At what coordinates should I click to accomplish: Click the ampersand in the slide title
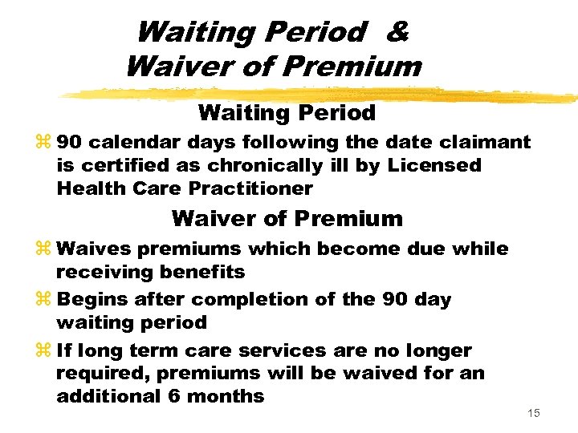point(397,32)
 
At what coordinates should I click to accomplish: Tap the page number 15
point(534,413)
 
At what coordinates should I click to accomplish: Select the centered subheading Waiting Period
point(287,113)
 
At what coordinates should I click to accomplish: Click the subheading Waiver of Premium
point(287,218)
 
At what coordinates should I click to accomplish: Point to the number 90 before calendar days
point(70,143)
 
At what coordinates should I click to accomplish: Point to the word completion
point(239,300)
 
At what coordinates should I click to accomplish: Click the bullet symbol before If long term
point(44,351)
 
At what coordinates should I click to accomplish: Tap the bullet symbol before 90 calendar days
point(44,143)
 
